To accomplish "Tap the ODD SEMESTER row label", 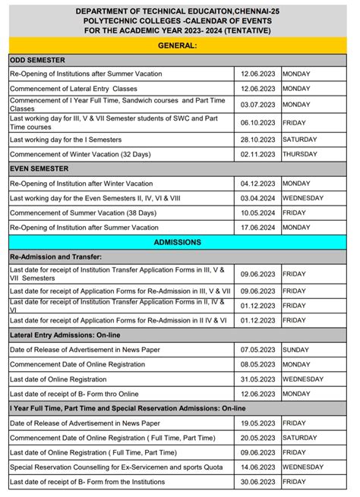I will pos(37,60).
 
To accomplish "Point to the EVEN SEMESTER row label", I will pos(39,168).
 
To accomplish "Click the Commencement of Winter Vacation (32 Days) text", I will pos(80,154).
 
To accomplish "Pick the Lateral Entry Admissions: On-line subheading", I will pos(65,334).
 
